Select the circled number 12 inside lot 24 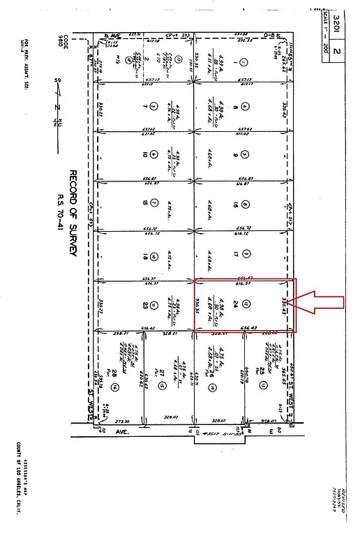tap(246, 303)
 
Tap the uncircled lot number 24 tap(235, 303)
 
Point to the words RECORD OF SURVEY tap(72, 210)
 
